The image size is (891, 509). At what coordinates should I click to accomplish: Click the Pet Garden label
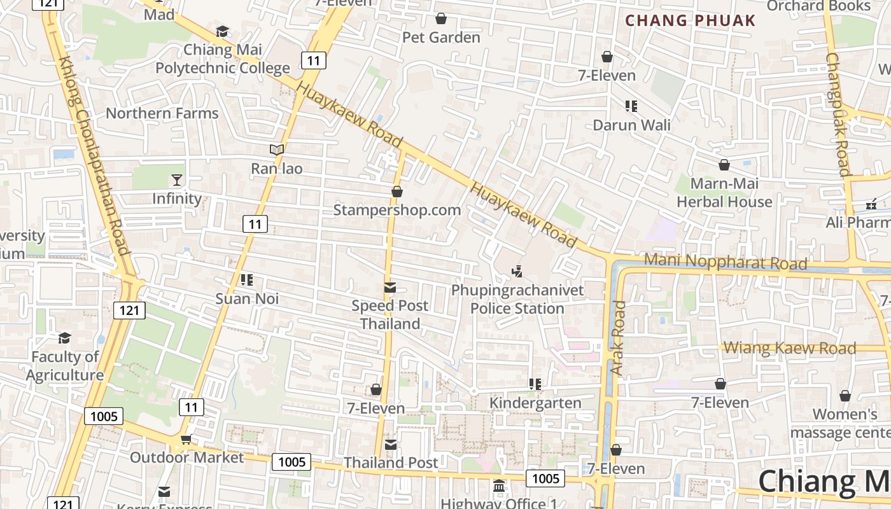click(441, 38)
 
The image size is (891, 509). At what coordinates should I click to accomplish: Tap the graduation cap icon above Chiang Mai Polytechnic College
click(222, 31)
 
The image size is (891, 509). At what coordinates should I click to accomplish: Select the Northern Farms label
click(162, 113)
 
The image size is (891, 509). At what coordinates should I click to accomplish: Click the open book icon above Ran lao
click(276, 150)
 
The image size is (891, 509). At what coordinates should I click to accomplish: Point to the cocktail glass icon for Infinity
click(177, 180)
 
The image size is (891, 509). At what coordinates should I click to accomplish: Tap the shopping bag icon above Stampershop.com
click(397, 192)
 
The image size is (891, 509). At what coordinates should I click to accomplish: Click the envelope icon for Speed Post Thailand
click(390, 288)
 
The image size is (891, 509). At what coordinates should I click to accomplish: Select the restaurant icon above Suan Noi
click(247, 280)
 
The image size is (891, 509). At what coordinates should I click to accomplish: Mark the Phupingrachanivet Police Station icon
click(517, 272)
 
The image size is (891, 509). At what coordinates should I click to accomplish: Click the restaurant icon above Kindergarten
click(535, 384)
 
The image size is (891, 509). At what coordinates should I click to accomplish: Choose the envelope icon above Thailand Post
click(390, 445)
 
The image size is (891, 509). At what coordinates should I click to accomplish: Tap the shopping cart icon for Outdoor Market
click(186, 439)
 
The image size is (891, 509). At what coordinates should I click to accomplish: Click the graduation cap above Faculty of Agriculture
click(64, 338)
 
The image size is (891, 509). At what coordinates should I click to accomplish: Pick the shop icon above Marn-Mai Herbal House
click(724, 165)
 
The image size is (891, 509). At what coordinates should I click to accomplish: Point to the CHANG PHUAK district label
click(690, 20)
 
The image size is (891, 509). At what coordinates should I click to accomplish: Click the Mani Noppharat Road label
click(726, 261)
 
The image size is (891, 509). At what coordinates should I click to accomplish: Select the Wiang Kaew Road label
click(790, 348)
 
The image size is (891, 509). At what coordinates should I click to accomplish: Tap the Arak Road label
click(617, 337)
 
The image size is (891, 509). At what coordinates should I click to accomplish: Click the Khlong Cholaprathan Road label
click(94, 155)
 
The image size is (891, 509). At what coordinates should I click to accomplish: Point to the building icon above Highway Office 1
click(500, 485)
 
